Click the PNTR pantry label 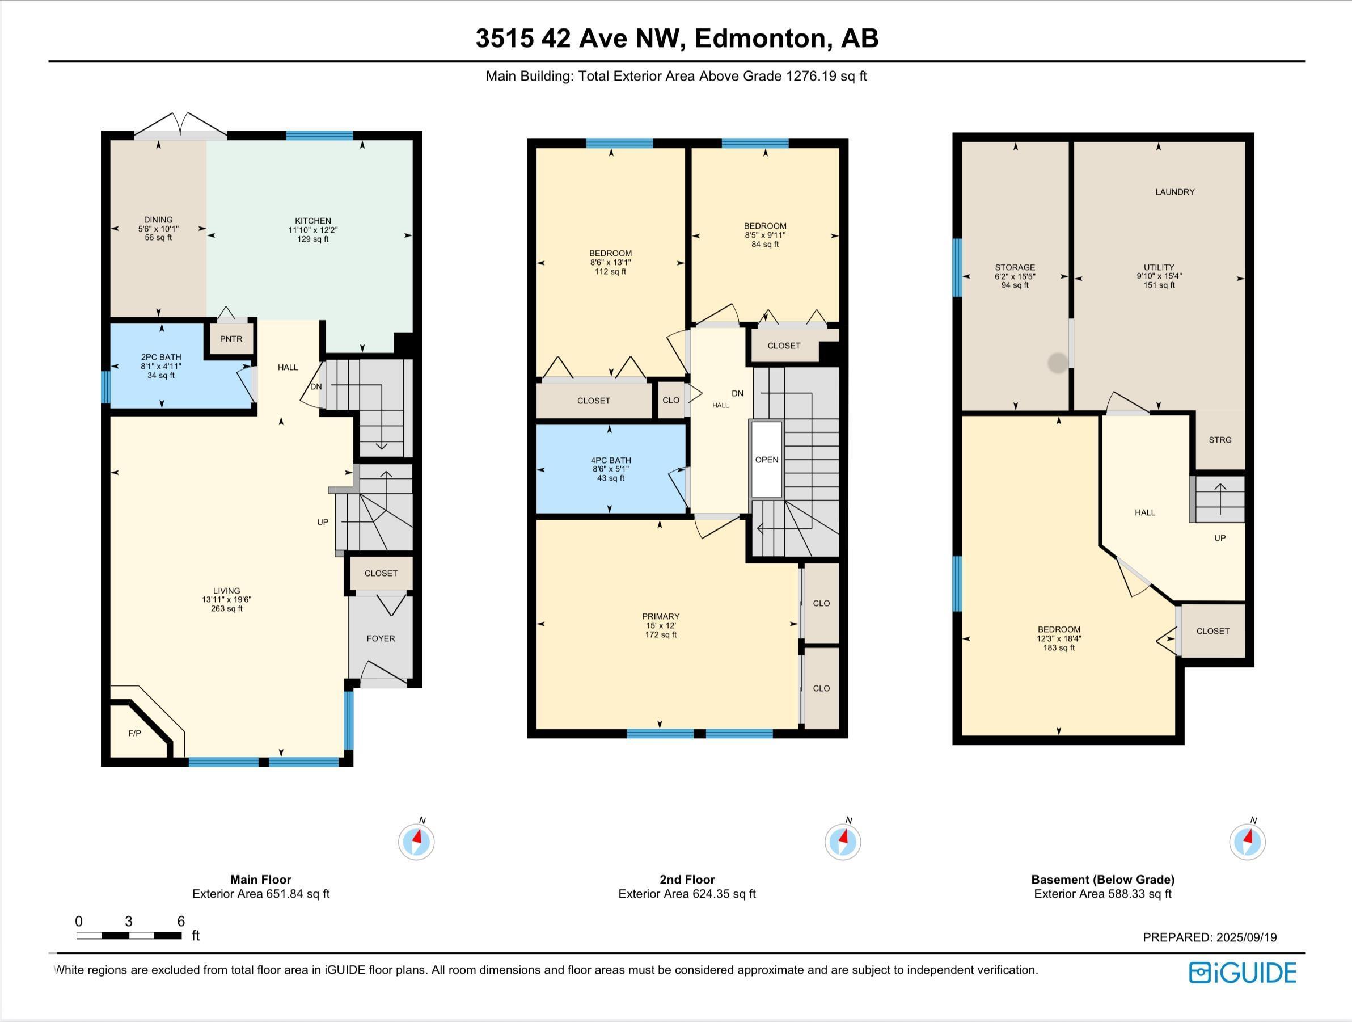(231, 339)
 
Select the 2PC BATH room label (162, 357)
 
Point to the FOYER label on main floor (381, 638)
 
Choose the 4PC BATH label (611, 461)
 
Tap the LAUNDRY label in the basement (1174, 192)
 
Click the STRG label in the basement (1220, 440)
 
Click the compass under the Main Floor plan (416, 842)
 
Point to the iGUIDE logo (1243, 973)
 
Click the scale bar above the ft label (129, 935)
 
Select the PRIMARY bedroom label (661, 616)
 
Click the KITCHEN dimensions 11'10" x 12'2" (313, 230)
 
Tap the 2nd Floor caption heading (687, 880)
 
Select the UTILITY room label (1159, 267)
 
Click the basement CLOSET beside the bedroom (1212, 631)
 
